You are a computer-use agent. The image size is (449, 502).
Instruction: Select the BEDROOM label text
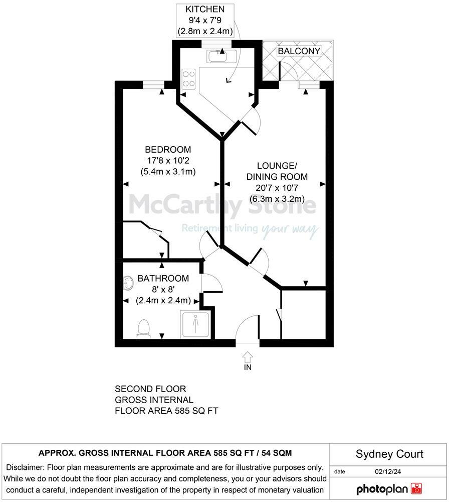[x=168, y=149]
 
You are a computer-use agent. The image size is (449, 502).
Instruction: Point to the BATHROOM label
[x=163, y=278]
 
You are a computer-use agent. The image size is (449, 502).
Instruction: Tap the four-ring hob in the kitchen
[x=189, y=78]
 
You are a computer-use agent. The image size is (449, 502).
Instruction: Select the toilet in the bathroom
[x=144, y=329]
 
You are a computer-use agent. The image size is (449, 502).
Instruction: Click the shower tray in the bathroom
[x=195, y=324]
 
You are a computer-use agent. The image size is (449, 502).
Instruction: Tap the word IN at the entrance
[x=248, y=367]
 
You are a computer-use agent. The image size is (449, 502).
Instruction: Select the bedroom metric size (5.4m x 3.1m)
[x=168, y=172]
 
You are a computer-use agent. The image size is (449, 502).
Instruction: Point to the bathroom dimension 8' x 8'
[x=163, y=290]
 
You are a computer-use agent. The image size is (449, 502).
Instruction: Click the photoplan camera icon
[x=416, y=488]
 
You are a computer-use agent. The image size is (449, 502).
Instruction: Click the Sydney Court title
[x=389, y=454]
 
